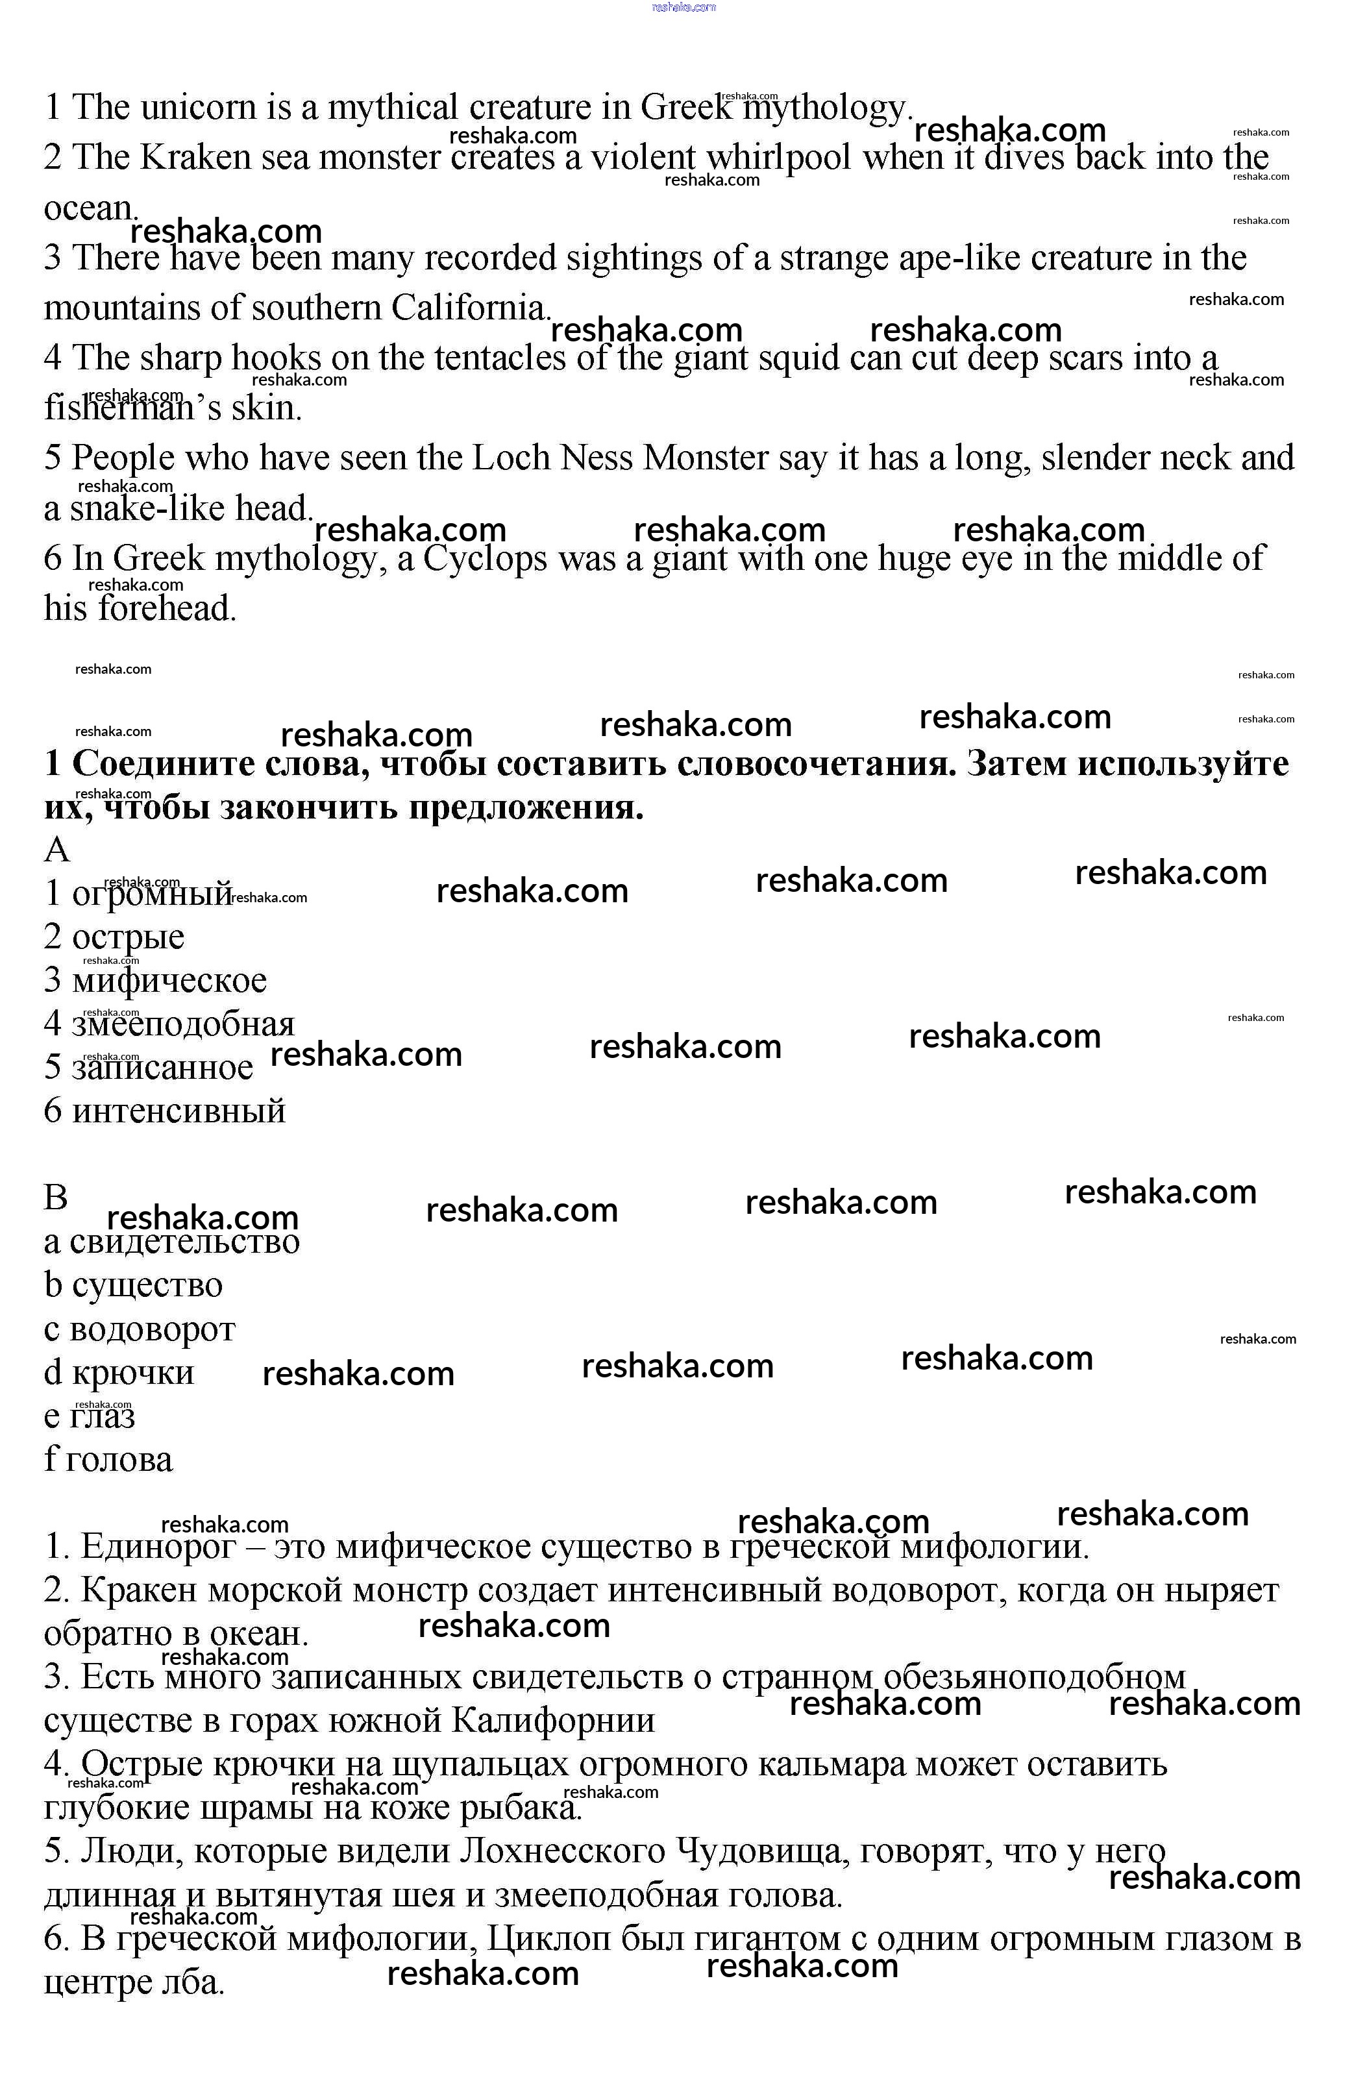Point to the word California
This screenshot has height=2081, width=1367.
(x=469, y=309)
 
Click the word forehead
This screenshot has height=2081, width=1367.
(x=166, y=609)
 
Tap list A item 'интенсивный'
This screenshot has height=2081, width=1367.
(x=179, y=1111)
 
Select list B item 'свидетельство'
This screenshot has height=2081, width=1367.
(x=184, y=1242)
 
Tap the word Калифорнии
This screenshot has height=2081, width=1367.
(x=553, y=1721)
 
